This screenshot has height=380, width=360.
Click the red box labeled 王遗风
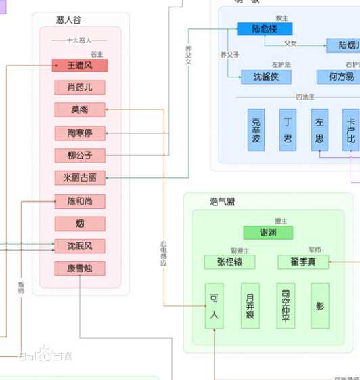pyautogui.click(x=80, y=66)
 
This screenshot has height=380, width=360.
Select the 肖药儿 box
pyautogui.click(x=80, y=87)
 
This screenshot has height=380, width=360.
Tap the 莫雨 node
pyautogui.click(x=80, y=110)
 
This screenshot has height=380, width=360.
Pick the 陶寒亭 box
pyautogui.click(x=80, y=133)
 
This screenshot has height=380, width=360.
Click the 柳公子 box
pyautogui.click(x=80, y=155)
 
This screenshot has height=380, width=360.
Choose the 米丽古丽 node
pyautogui.click(x=80, y=178)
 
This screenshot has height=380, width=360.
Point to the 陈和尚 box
pyautogui.click(x=80, y=201)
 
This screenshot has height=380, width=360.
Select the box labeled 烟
pyautogui.click(x=80, y=224)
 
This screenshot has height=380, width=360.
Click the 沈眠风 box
pyautogui.click(x=80, y=246)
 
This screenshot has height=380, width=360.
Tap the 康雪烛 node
pyautogui.click(x=80, y=269)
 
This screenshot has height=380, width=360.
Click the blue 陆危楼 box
pyautogui.click(x=265, y=28)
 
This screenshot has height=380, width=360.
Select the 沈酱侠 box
pyautogui.click(x=261, y=77)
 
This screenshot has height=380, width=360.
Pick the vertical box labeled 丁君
pyautogui.click(x=288, y=130)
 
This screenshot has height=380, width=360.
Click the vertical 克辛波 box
pyautogui.click(x=256, y=130)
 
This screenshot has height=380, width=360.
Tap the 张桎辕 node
pyautogui.click(x=229, y=262)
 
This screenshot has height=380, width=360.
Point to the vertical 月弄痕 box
pyautogui.click(x=250, y=305)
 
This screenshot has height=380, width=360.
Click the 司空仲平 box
pyautogui.click(x=286, y=305)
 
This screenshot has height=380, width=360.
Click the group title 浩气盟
pyautogui.click(x=223, y=201)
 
